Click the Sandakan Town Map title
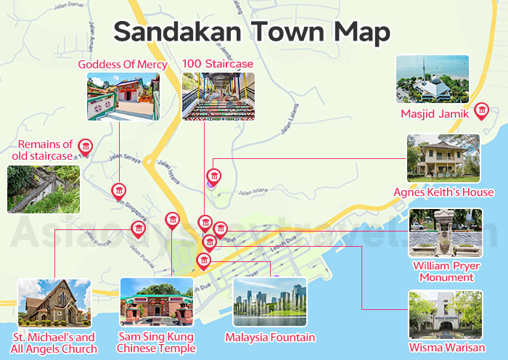252,33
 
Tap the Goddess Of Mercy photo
123,97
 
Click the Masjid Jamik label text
435,113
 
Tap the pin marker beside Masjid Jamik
480,110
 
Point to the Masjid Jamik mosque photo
433,79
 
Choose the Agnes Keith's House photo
443,158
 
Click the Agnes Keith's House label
443,192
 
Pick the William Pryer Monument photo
445,234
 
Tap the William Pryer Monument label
445,271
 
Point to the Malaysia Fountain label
270,337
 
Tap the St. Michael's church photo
54,303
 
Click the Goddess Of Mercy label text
123,65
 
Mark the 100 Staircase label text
218,65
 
